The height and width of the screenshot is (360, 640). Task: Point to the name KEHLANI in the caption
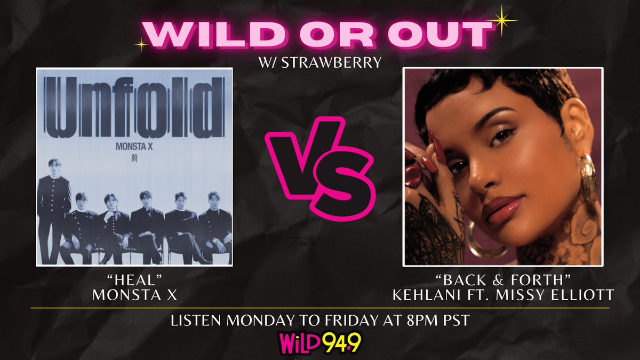click(432, 295)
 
